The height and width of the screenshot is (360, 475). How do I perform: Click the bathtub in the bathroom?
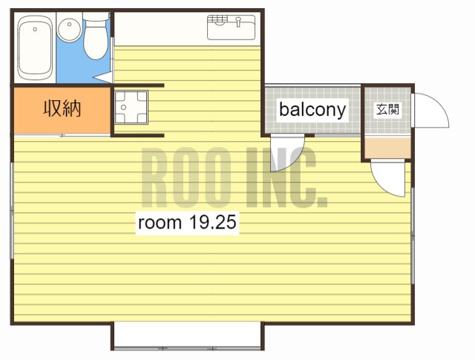[x=34, y=48]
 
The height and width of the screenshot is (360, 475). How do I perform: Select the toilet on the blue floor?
[x=96, y=37]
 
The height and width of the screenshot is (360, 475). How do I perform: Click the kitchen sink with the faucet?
[x=231, y=27]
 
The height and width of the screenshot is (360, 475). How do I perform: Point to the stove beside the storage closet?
[x=131, y=108]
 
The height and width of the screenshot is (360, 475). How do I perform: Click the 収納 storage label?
[x=62, y=108]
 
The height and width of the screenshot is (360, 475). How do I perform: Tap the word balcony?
[x=312, y=109]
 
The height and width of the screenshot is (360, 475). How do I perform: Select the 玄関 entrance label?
[x=387, y=109]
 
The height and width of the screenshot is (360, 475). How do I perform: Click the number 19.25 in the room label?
[x=212, y=222]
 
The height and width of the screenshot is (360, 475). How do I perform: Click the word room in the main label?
[x=160, y=223]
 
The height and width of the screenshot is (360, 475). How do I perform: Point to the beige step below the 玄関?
[x=387, y=148]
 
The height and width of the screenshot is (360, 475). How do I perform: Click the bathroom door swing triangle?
[x=104, y=77]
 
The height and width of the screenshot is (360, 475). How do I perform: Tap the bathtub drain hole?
[x=35, y=30]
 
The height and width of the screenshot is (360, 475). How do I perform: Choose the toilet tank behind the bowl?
[x=96, y=16]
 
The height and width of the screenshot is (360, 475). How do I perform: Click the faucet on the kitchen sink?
[x=238, y=22]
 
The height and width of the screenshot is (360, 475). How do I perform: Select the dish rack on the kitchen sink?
[x=217, y=20]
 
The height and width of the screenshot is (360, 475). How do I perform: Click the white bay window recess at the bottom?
[x=188, y=336]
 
